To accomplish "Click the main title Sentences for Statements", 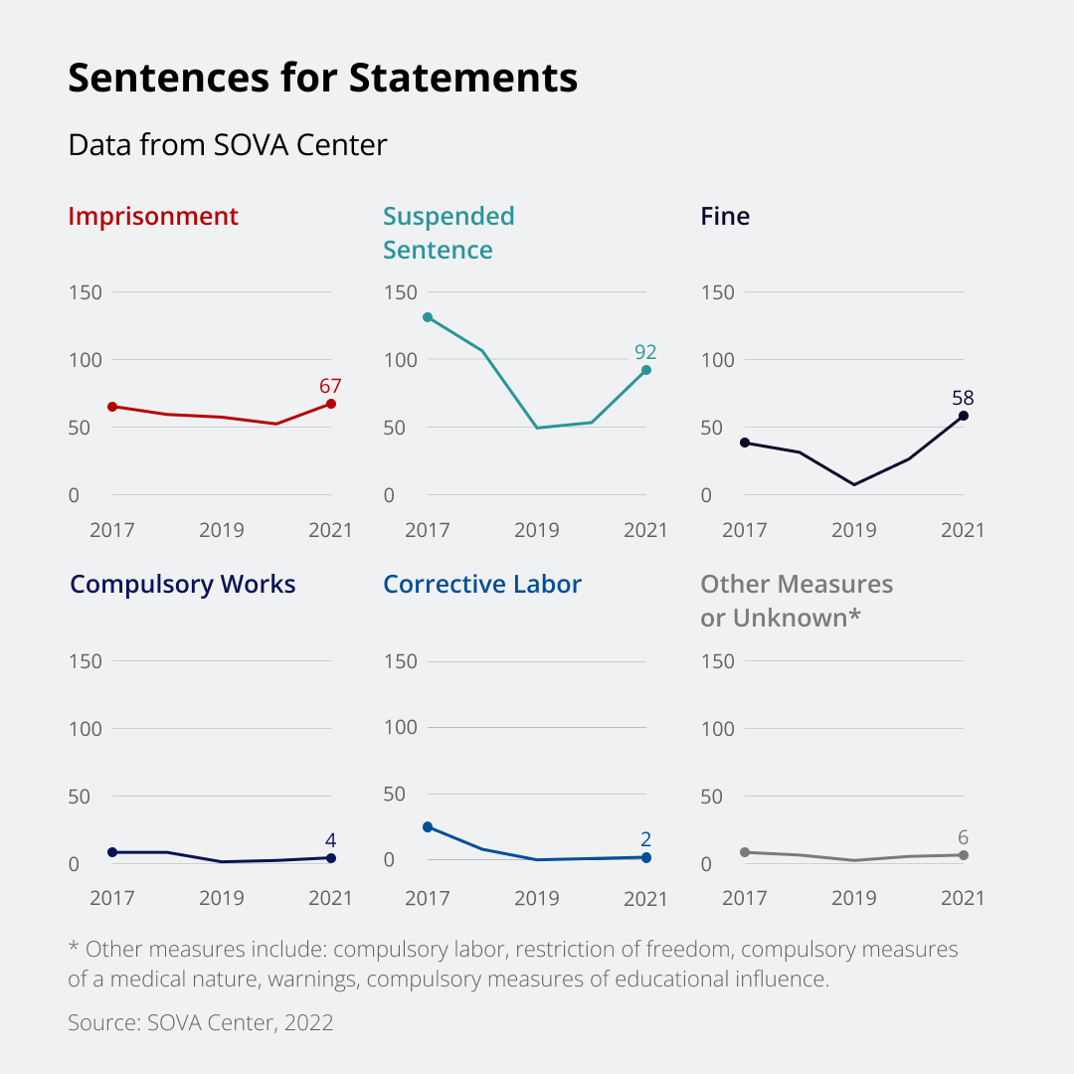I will click(322, 79).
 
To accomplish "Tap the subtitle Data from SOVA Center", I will click(227, 145).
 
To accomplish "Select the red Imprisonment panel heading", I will click(153, 217).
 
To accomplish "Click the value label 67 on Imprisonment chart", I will click(331, 385).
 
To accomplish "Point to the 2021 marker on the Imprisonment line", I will click(331, 404).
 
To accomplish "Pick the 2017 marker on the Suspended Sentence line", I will click(428, 317).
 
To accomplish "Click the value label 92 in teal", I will click(645, 352).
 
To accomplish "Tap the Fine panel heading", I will click(725, 217).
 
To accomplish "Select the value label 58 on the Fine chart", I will click(963, 398).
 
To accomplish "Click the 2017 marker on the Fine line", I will click(744, 443).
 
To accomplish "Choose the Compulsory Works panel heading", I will click(183, 585).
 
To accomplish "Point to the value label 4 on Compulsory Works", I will click(331, 840).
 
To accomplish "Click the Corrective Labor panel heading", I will click(482, 585).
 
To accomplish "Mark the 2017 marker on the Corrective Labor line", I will click(428, 827).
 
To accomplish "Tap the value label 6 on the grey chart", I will click(963, 837).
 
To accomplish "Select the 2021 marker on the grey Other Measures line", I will click(964, 855).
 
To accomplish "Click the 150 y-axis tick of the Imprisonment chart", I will click(87, 292).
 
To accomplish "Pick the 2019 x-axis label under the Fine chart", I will click(853, 530).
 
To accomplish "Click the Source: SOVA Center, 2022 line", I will click(200, 1022).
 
